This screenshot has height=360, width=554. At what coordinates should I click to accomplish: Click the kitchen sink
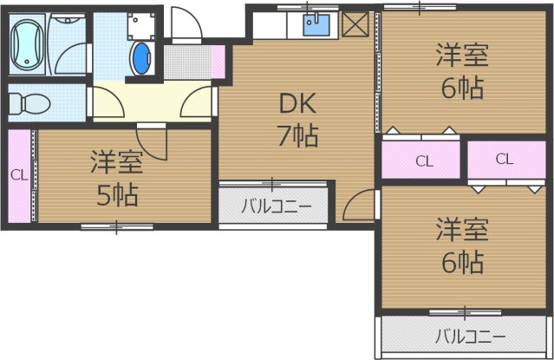tap(316, 23)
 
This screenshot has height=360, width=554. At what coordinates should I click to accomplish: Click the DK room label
tap(297, 104)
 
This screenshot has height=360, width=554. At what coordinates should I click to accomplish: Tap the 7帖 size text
tap(297, 135)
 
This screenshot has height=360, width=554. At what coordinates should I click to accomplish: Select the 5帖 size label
tap(117, 195)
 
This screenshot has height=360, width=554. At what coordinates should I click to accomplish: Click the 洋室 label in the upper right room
tap(460, 57)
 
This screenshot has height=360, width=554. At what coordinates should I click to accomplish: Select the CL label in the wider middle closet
tap(423, 160)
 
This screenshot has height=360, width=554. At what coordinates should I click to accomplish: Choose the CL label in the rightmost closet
tap(505, 158)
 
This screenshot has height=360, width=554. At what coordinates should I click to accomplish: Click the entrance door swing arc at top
tap(185, 25)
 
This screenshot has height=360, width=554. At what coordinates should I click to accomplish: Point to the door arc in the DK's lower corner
tap(357, 206)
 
